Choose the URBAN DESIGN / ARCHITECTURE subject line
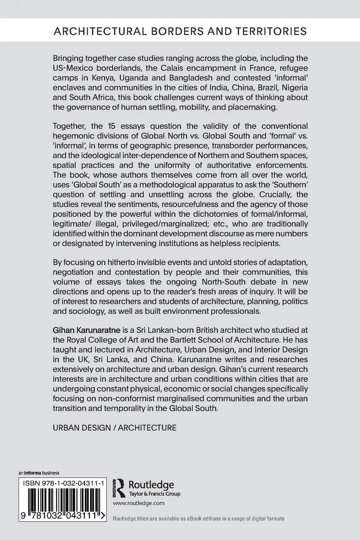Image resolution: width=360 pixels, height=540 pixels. (114, 428)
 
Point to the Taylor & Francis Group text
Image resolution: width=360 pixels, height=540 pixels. (154, 494)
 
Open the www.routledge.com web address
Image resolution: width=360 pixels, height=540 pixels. (139, 503)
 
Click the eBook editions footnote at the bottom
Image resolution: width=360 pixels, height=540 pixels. (198, 519)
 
